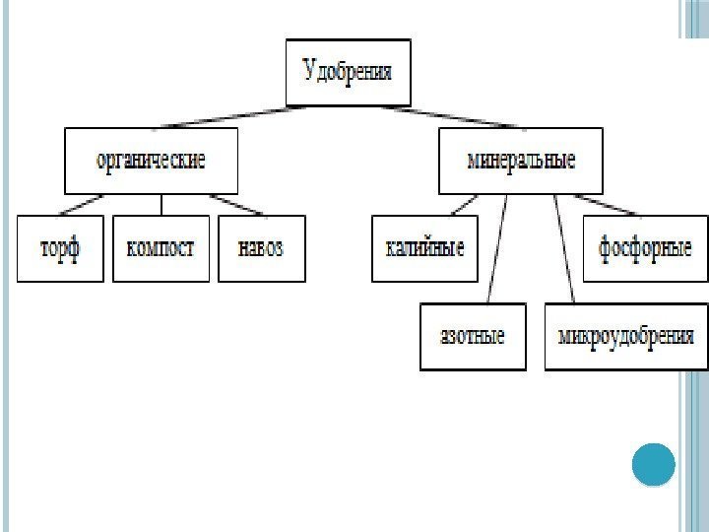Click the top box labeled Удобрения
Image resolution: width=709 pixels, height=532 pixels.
click(x=347, y=72)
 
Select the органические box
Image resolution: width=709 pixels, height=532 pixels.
click(x=151, y=161)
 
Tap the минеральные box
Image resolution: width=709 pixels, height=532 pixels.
click(x=520, y=161)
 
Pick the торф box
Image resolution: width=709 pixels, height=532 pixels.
click(x=60, y=248)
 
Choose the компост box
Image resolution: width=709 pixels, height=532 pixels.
click(x=161, y=248)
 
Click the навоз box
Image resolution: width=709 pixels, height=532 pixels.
click(x=261, y=248)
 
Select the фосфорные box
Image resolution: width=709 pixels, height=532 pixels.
click(x=645, y=248)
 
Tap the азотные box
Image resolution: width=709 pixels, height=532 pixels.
click(x=472, y=336)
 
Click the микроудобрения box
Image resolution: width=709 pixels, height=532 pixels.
click(x=625, y=336)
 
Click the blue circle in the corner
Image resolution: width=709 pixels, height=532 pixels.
click(x=653, y=464)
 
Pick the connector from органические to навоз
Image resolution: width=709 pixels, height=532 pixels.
click(x=241, y=204)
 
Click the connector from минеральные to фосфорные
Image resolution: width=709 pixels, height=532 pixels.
click(x=611, y=204)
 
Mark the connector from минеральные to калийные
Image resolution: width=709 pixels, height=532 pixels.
click(x=461, y=204)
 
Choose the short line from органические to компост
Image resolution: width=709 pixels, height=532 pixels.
click(x=161, y=204)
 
